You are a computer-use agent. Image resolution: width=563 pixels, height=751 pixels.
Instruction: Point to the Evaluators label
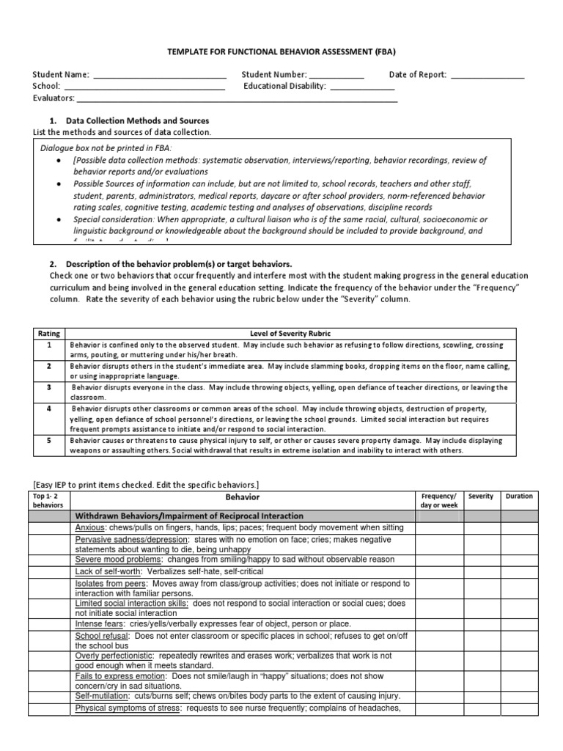point(53,98)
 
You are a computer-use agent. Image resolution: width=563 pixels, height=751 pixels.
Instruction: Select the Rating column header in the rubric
point(48,333)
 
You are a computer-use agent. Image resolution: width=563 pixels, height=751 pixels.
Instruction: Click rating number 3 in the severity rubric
point(49,387)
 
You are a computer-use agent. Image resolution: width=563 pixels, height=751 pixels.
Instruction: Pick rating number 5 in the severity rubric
point(49,441)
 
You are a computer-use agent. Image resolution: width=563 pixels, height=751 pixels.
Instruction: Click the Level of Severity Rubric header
point(290,333)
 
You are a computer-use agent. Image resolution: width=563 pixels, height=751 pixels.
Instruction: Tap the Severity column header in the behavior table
point(480,497)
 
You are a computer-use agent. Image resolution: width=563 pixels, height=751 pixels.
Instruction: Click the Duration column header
point(519,497)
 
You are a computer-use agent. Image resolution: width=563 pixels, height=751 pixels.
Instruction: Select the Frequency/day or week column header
point(438,501)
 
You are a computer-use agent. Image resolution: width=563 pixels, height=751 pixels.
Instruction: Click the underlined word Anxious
point(91,528)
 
